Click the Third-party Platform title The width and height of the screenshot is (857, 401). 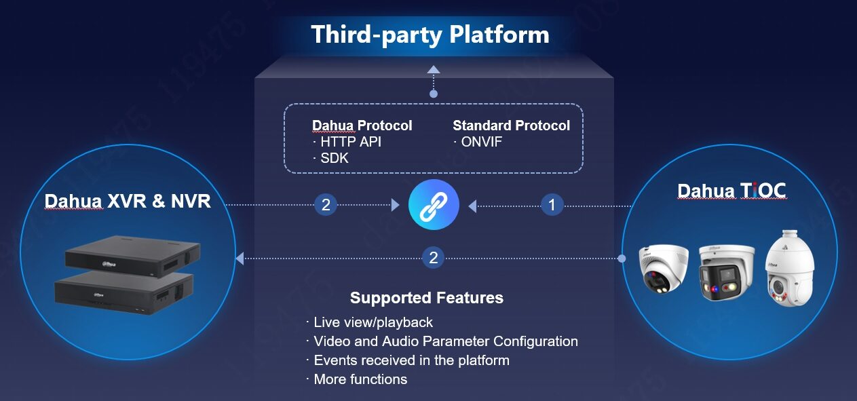click(430, 35)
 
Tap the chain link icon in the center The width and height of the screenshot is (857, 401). click(434, 204)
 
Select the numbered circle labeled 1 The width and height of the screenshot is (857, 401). click(552, 205)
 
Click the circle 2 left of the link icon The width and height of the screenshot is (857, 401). click(326, 205)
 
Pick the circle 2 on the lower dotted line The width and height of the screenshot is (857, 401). click(433, 258)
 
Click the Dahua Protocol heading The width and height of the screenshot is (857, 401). click(362, 126)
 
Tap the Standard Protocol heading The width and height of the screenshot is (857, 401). click(511, 126)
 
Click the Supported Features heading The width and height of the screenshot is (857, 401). click(427, 298)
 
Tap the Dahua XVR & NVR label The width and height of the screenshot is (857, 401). click(128, 201)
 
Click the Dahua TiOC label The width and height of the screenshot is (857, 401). click(732, 191)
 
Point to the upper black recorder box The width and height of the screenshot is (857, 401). click(132, 256)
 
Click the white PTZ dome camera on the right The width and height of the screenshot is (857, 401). click(790, 268)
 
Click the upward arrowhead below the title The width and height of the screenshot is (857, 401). click(434, 69)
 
